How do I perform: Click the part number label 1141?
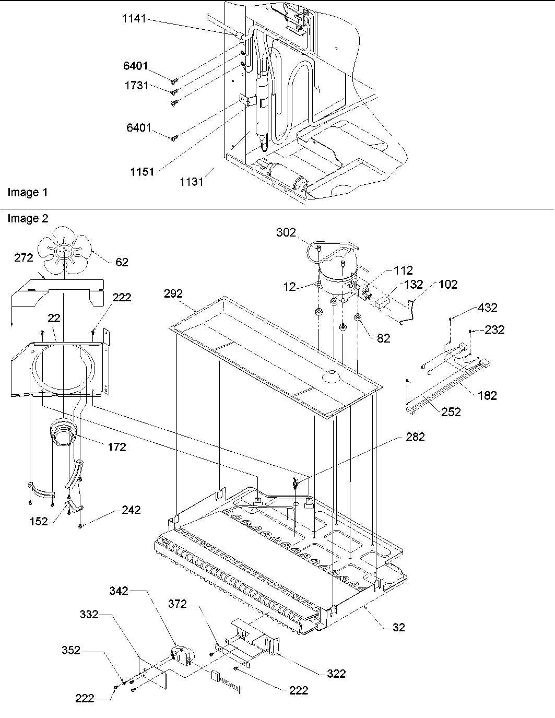point(134,19)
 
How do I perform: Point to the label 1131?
point(192,182)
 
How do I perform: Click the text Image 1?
point(27,193)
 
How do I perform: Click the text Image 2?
point(27,219)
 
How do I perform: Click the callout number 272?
point(23,257)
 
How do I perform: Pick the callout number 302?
point(286,232)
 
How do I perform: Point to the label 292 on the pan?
point(173,294)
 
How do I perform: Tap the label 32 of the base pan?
point(398,627)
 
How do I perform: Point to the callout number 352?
point(71,650)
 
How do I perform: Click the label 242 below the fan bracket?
point(131,510)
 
